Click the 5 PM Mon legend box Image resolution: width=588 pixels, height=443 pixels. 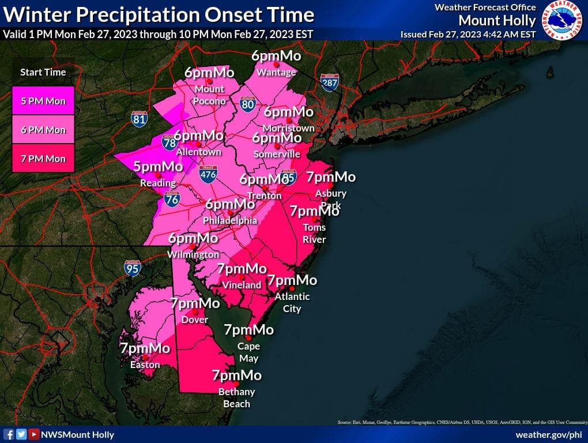tap(43, 102)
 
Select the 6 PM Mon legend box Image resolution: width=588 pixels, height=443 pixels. tap(43, 130)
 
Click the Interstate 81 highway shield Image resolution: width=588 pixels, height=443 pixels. tap(139, 119)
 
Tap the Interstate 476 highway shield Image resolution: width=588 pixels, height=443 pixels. tap(208, 175)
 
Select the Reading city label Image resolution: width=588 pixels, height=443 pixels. tap(157, 183)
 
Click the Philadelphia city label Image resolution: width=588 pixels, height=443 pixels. tap(229, 220)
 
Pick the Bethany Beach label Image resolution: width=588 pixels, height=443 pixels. tap(236, 397)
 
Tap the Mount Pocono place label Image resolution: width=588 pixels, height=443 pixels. tap(209, 95)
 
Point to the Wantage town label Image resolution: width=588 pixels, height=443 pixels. tap(276, 72)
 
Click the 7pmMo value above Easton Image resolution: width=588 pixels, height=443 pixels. tap(145, 348)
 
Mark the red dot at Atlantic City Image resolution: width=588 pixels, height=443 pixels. tap(292, 288)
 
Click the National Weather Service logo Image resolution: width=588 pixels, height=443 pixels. tap(564, 20)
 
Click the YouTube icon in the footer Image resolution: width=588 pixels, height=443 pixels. tap(34, 434)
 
